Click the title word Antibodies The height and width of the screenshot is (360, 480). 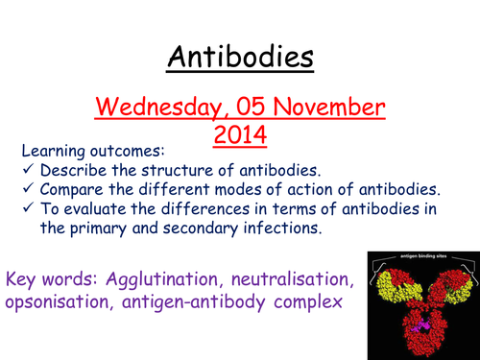point(241,57)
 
